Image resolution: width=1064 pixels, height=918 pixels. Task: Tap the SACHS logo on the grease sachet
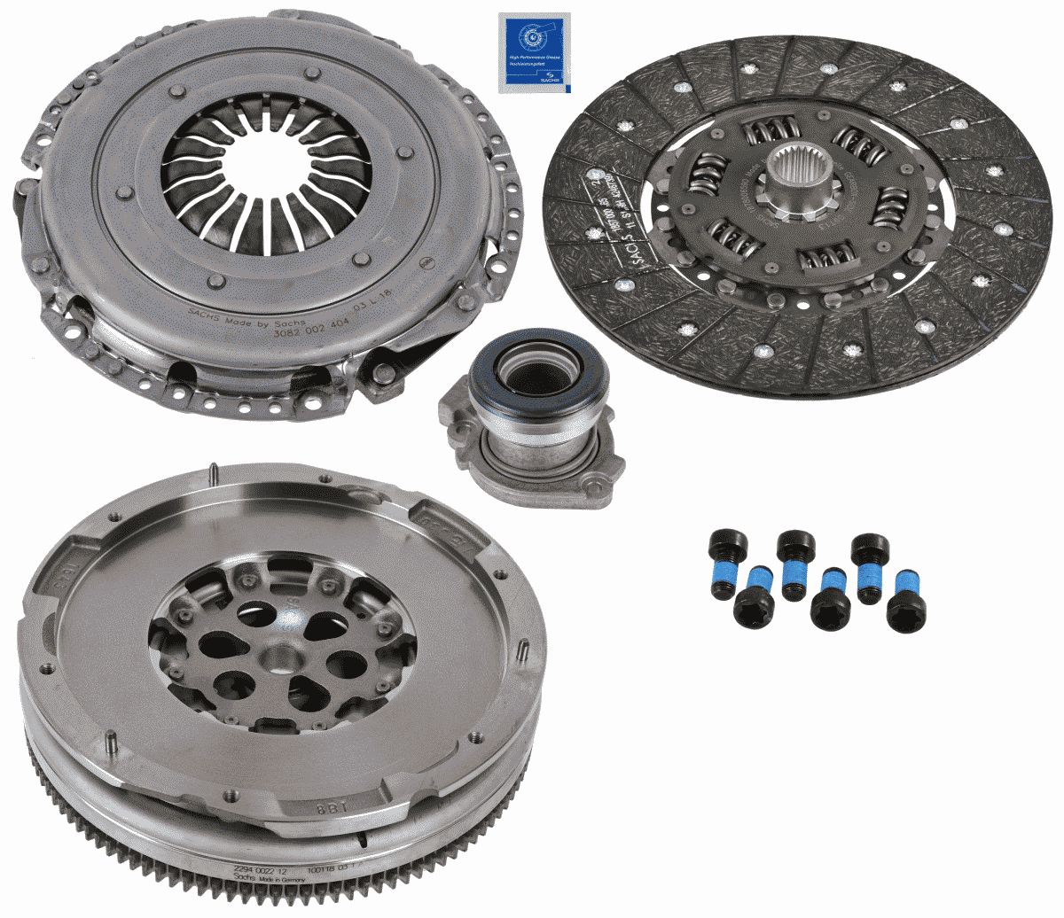[x=560, y=80]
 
